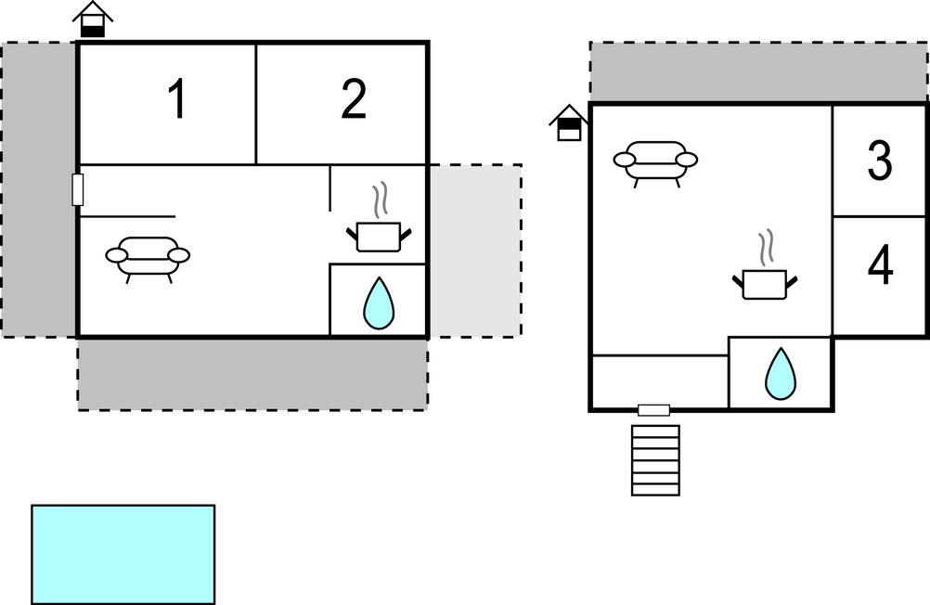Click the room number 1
point(176,100)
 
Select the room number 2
point(353,100)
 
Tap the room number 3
point(879,161)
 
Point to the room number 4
point(879,266)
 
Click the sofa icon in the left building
point(148,257)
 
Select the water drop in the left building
point(378,303)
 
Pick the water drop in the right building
point(781,374)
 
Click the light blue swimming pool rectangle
point(123,554)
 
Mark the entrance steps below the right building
point(655,460)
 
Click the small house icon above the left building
point(92,19)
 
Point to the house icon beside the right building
point(569,122)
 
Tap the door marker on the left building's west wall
point(78,189)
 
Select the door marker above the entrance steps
point(654,410)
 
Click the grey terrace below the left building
point(252,374)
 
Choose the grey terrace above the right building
point(758,71)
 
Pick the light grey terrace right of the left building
point(474,251)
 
